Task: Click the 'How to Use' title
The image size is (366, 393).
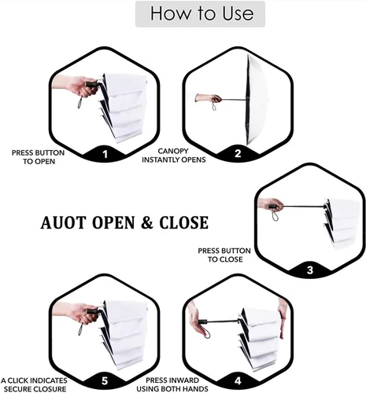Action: [201, 13]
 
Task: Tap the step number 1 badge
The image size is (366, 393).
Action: [105, 154]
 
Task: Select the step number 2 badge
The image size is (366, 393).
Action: [238, 153]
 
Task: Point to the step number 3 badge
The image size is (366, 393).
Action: [310, 270]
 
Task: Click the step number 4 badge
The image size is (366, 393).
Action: [238, 380]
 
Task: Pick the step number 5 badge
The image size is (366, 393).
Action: [105, 380]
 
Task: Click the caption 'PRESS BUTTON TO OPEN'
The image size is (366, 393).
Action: [39, 157]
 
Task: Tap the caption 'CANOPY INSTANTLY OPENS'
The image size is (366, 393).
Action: [174, 156]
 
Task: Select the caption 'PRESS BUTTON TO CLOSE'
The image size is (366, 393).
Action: [224, 255]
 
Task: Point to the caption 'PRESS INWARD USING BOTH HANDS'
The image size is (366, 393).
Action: [172, 384]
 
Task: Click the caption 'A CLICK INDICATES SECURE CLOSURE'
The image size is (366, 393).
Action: [34, 384]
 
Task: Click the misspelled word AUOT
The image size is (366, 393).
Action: [63, 222]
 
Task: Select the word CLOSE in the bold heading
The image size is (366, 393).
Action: [183, 222]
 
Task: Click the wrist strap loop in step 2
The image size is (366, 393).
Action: [214, 106]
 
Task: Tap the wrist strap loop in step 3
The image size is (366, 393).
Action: [275, 215]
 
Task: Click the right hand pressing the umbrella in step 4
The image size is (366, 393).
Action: [283, 318]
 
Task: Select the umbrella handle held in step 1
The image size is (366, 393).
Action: [93, 85]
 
